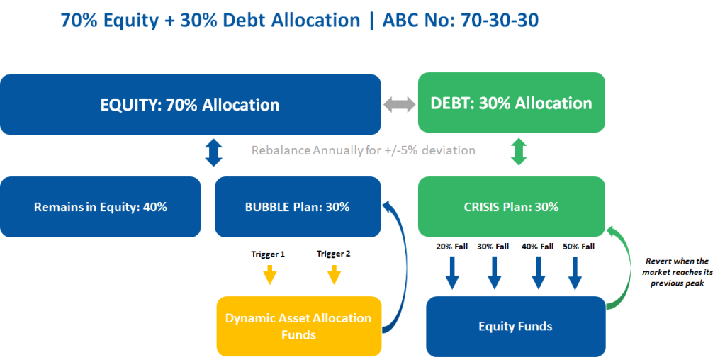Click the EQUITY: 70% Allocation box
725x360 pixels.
pos(191,104)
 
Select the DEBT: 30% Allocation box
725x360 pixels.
pos(512,103)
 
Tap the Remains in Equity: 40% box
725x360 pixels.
pos(101,207)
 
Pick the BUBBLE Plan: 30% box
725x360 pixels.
pos(298,207)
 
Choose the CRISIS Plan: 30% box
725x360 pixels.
pos(512,206)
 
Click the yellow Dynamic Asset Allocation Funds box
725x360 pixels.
pos(299,326)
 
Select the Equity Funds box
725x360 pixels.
pos(515,326)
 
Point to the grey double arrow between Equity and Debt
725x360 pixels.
pos(400,104)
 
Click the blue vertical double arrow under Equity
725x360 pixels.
pos(213,153)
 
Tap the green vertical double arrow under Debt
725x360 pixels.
pos(518,152)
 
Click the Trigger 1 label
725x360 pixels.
pos(268,254)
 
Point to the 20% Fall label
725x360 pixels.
pos(451,247)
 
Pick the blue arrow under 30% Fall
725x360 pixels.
pos(494,273)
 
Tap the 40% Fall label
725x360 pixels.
pos(537,247)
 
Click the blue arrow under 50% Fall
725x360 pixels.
pos(575,273)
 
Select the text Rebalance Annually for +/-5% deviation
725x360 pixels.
pos(363,151)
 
